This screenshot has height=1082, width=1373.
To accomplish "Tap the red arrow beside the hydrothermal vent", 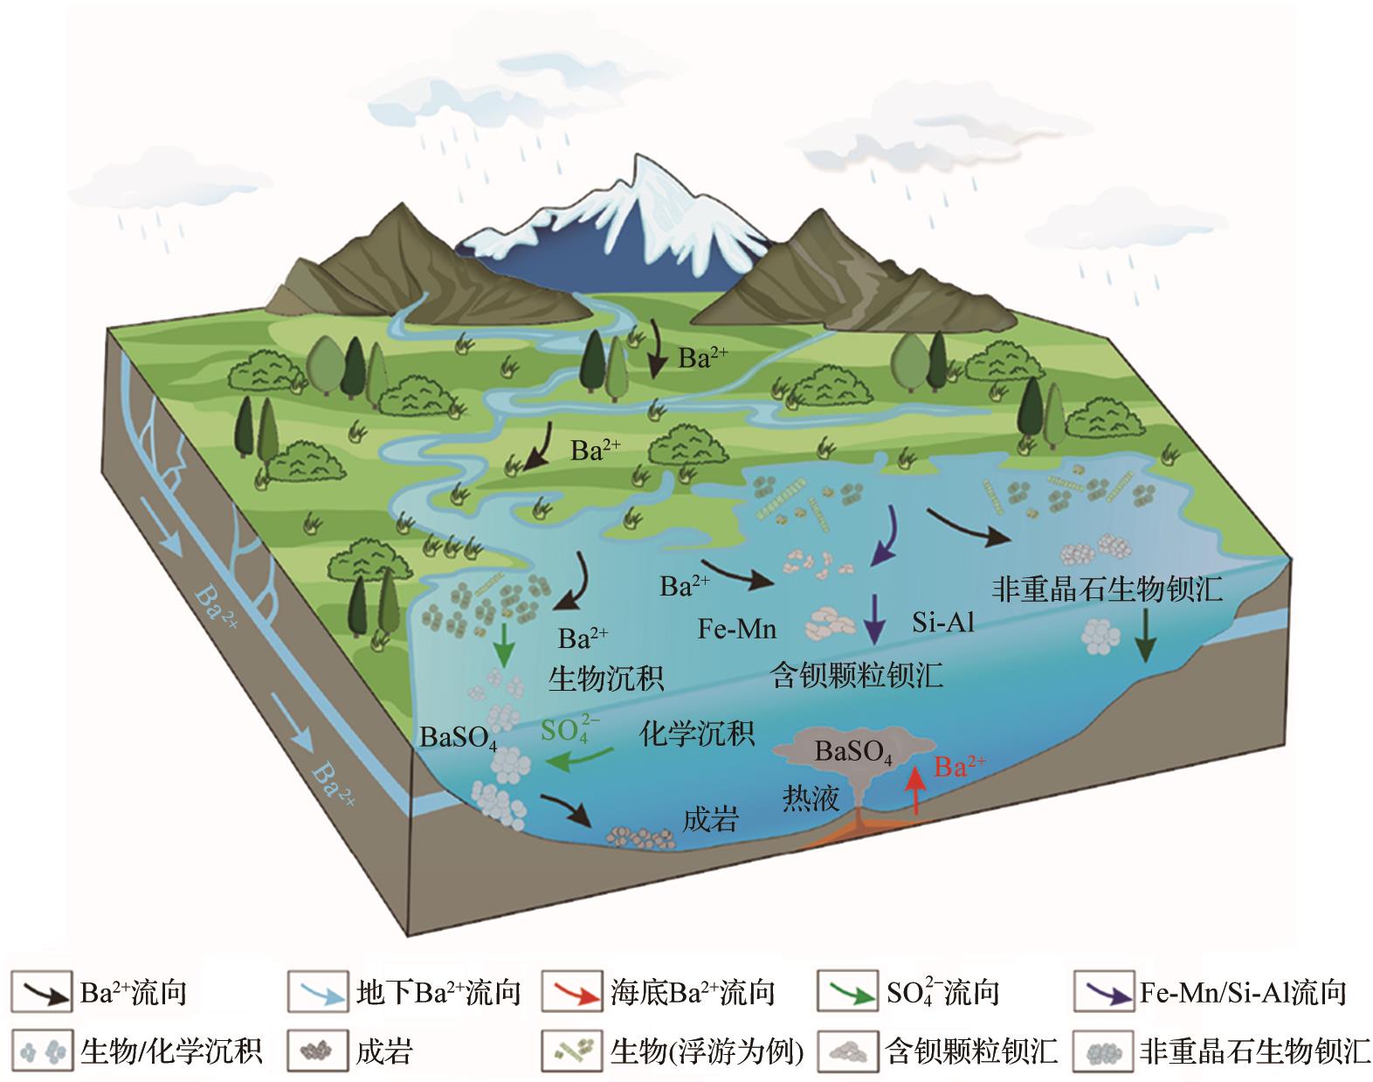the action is tap(916, 791).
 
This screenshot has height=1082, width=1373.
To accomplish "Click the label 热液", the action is tap(811, 798).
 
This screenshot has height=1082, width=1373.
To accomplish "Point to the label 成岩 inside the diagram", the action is tap(710, 818).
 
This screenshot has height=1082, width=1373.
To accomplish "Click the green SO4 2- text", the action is tap(569, 730).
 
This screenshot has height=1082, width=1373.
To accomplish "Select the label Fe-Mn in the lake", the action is tap(737, 629).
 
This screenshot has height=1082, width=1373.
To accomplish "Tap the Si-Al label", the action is tap(943, 622).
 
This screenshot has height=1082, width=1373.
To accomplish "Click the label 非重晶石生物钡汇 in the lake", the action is tap(1107, 589).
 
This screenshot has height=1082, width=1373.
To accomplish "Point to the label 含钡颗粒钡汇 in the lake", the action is tap(857, 675).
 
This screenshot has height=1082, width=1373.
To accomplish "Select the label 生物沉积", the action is tap(606, 678).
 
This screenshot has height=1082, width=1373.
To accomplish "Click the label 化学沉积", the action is tap(697, 733).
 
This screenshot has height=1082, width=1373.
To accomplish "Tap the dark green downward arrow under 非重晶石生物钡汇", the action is tap(1146, 636).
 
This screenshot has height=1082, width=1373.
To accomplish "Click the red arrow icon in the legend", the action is tap(572, 993).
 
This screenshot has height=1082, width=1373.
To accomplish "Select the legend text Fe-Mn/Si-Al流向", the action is tap(1243, 993).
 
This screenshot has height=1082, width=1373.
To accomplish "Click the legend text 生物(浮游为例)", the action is tap(707, 1051).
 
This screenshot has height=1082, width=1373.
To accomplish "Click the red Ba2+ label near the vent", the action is tap(960, 766).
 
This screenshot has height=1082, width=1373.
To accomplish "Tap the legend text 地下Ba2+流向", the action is tap(438, 993).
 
